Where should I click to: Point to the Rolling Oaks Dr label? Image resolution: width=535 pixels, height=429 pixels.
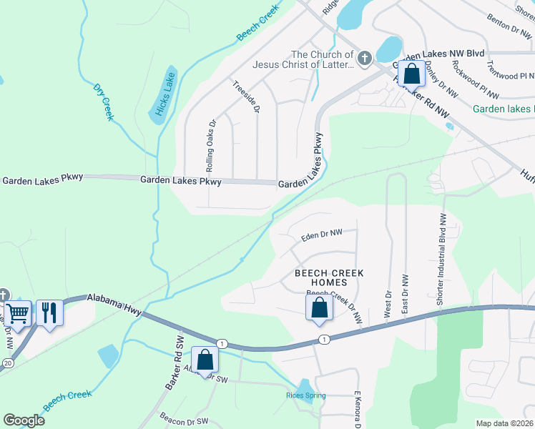click(210, 146)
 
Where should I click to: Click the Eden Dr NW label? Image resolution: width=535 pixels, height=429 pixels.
click(321, 233)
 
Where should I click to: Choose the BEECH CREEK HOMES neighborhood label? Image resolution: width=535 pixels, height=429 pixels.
click(330, 278)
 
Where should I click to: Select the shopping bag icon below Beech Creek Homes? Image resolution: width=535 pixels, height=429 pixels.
click(320, 309)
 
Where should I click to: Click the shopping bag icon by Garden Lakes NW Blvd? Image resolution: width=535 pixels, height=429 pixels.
click(412, 73)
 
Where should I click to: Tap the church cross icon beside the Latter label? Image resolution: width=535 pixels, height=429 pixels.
click(365, 58)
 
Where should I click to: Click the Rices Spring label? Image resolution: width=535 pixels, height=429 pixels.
click(306, 395)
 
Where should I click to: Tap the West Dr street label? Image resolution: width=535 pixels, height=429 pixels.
click(389, 304)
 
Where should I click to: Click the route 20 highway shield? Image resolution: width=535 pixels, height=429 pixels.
click(7, 363)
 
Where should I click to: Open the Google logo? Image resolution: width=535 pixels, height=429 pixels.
click(24, 420)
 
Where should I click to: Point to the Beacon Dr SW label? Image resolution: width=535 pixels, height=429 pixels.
click(183, 421)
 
